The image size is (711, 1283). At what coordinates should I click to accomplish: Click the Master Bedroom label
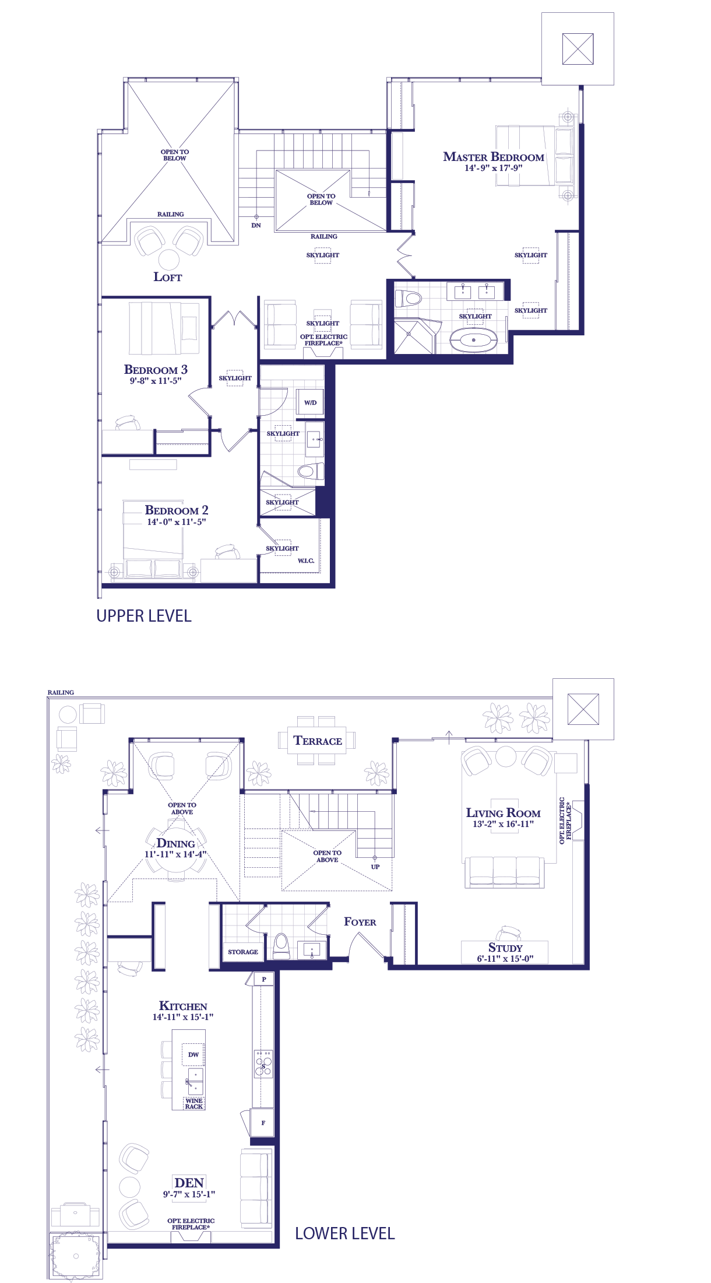494,157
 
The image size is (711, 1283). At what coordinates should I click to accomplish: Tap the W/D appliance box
310,402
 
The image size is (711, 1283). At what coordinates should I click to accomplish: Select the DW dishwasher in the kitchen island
193,1054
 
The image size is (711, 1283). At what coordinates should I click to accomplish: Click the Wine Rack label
194,1103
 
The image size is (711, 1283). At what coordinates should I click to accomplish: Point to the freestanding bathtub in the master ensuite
474,339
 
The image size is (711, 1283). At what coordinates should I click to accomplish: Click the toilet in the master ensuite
409,299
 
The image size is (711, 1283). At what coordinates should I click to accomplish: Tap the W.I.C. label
306,561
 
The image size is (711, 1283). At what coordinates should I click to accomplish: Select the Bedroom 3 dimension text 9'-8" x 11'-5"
156,381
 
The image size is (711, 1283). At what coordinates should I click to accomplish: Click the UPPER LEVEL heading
144,616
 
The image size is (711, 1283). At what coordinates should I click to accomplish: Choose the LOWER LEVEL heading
345,1233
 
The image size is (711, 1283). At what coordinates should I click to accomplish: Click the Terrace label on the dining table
318,741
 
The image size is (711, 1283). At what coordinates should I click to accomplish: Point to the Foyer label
360,922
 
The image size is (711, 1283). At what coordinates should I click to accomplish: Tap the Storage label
243,952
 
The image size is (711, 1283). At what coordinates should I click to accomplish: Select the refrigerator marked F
263,1123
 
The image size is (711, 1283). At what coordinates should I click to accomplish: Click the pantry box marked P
263,979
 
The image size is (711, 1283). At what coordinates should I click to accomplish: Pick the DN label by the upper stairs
256,225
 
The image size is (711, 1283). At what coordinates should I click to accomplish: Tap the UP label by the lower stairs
375,867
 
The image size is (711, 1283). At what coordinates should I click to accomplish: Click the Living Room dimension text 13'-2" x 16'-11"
504,824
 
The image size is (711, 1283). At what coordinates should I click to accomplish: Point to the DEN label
189,1183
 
